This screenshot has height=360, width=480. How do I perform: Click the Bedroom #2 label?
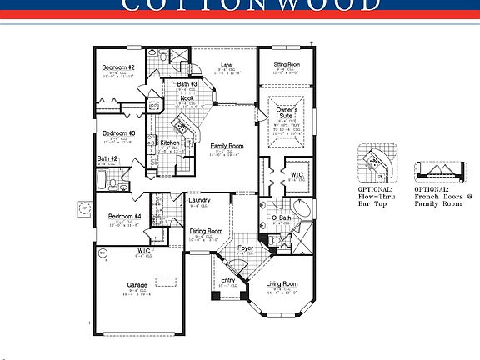coord(118,67)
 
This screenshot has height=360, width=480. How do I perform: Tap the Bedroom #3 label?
coord(118,132)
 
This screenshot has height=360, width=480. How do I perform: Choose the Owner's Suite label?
coord(287,112)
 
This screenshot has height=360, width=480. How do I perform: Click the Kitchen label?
coord(170,142)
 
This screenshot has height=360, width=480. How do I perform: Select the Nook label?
coord(187,98)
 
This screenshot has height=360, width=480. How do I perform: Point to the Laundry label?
coord(199,200)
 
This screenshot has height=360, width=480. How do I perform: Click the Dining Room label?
coord(206,231)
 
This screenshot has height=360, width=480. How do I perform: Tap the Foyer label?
coord(246,247)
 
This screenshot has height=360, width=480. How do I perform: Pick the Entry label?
coord(228,280)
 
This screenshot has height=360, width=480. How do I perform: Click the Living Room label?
coord(282,284)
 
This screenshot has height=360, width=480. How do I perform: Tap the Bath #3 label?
coord(187,84)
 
